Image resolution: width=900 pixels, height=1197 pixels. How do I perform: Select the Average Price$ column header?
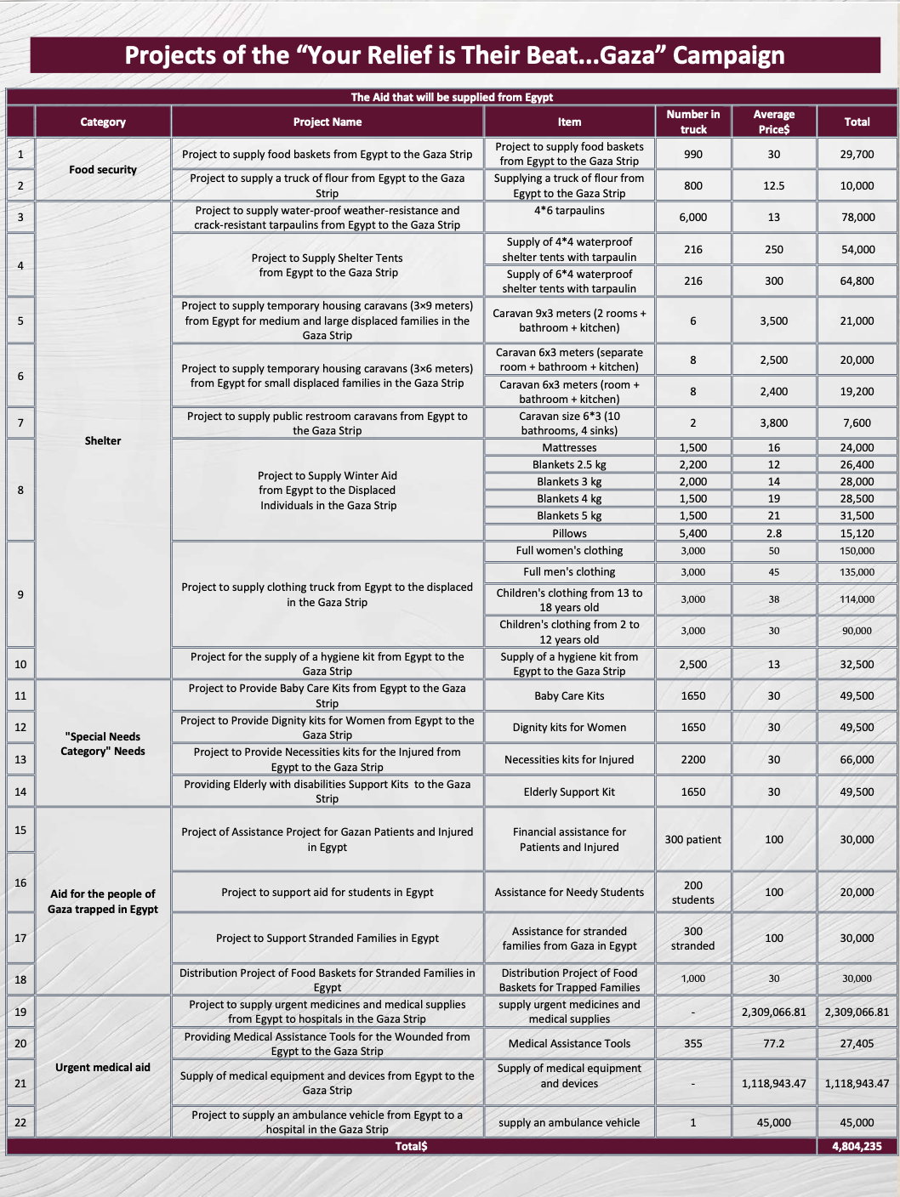point(773,122)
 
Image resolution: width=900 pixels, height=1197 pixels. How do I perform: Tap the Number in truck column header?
point(692,122)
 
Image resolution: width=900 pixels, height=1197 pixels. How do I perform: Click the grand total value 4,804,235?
point(857,1146)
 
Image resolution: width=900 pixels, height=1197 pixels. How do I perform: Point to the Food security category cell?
point(103,169)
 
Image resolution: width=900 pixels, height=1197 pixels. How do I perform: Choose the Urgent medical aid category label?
point(103,1067)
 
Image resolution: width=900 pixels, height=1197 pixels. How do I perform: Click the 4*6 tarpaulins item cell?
point(569,210)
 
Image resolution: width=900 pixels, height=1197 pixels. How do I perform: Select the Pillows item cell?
point(569,533)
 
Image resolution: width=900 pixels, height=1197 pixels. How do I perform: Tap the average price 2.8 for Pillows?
point(773,533)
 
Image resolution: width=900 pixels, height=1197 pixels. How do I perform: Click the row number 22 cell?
point(20,1122)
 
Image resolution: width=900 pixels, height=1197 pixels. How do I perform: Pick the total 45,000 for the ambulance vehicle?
point(857,1122)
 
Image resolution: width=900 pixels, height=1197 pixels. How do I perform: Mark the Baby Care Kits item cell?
point(569,695)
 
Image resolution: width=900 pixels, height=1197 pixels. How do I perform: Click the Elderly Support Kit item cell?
point(569,791)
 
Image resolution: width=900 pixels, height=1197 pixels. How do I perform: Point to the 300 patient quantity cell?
point(692,839)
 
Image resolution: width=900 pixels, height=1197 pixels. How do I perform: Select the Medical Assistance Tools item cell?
point(569,1043)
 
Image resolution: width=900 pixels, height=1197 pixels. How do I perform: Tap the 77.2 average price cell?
point(773,1043)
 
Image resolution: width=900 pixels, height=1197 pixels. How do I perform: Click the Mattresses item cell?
point(569,447)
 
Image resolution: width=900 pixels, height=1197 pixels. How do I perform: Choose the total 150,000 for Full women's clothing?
point(857,551)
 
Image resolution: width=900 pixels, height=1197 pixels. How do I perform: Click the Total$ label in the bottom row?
point(411,1146)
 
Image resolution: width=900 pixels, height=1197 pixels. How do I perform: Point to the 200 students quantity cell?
point(692,892)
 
